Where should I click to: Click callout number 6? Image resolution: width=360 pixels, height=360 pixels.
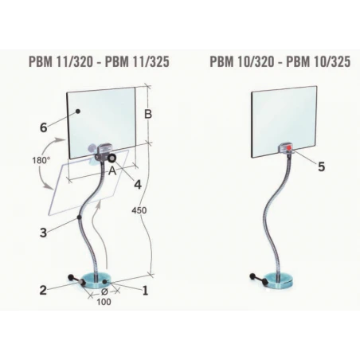click(44, 127)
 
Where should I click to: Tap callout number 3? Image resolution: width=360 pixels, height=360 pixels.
click(43, 233)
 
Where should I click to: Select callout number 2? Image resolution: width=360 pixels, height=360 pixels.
click(43, 290)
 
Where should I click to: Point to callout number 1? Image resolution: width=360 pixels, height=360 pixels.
click(145, 291)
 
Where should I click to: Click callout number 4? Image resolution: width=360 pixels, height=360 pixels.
click(138, 185)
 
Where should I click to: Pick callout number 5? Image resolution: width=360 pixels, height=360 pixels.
click(321, 166)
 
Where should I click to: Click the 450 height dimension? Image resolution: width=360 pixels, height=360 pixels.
click(139, 210)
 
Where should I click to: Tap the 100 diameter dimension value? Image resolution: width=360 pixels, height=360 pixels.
click(104, 302)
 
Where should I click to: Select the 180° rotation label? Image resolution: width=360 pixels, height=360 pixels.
click(41, 161)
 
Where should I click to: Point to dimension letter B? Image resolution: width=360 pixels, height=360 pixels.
click(148, 114)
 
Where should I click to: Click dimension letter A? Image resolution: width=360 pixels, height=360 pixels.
click(112, 171)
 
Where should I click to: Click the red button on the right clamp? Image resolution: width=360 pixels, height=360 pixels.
click(289, 148)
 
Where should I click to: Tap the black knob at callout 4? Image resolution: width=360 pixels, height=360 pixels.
click(112, 158)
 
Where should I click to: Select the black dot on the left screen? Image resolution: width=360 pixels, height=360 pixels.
click(78, 112)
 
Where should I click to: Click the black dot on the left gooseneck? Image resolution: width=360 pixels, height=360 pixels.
click(79, 217)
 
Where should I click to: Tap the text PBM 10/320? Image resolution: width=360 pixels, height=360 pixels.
click(242, 61)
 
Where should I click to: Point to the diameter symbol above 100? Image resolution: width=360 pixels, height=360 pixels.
click(104, 292)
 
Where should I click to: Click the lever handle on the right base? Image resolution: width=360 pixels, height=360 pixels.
click(259, 280)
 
